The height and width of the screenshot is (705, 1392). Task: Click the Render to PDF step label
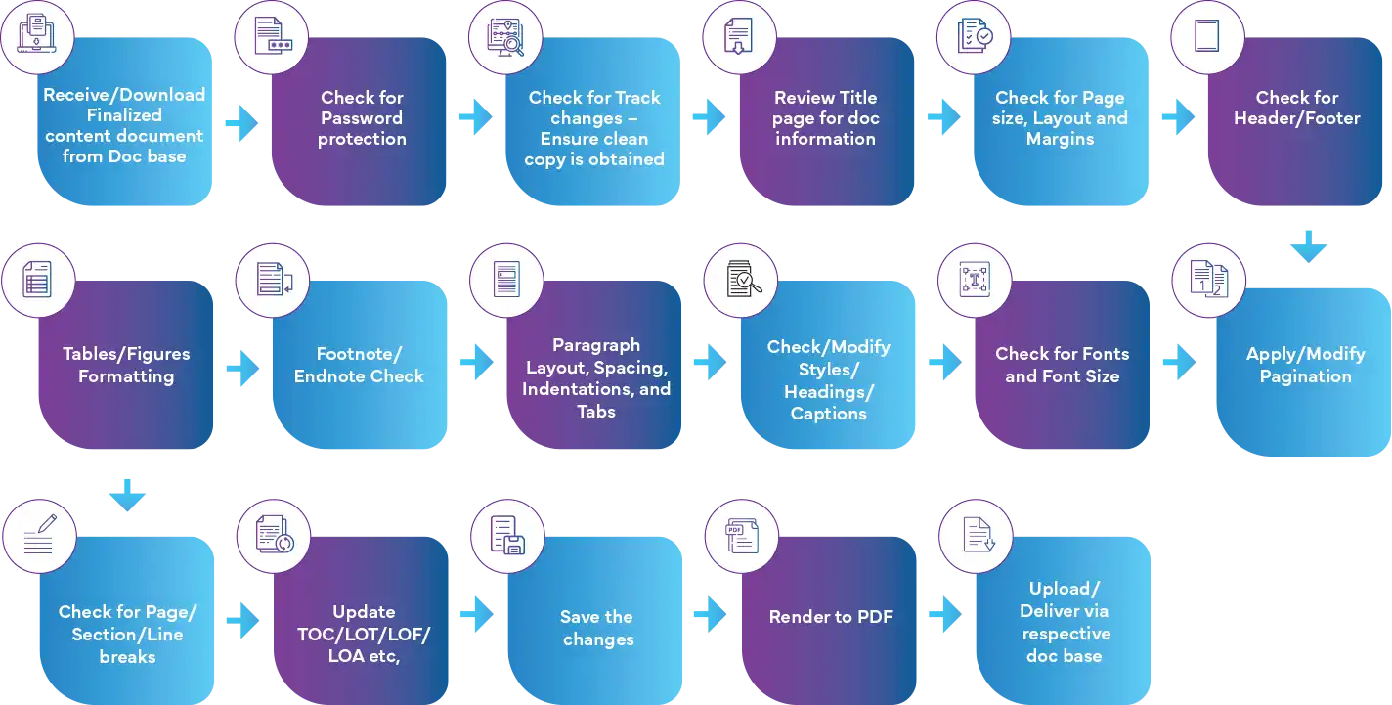[830, 617]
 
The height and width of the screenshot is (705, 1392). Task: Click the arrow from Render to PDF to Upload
[943, 616]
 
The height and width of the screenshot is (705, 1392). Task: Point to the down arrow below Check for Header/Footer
[1306, 246]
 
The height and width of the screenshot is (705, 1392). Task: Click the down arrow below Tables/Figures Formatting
[125, 500]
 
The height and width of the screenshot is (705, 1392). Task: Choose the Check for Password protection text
[362, 118]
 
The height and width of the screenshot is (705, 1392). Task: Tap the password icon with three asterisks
[273, 37]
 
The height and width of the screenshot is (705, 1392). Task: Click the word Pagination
[1305, 376]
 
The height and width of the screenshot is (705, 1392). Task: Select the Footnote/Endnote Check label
[359, 365]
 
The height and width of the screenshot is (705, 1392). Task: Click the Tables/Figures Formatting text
[125, 365]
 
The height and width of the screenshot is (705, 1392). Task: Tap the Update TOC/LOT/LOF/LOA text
[364, 634]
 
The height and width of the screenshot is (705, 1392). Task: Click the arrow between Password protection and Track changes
[474, 118]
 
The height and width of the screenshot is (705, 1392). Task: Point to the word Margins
[1060, 140]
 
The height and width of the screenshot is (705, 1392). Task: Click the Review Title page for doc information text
[826, 118]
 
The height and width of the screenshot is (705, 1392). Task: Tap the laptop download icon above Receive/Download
[35, 35]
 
